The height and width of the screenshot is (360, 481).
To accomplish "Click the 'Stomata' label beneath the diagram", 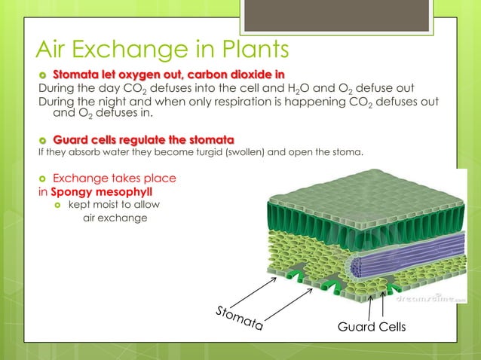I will pyautogui.click(x=239, y=319).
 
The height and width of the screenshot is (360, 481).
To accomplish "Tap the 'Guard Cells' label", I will pyautogui.click(x=371, y=328).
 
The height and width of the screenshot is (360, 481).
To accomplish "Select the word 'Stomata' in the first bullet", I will pyautogui.click(x=75, y=73).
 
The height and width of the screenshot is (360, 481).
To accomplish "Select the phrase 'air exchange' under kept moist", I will pyautogui.click(x=115, y=218).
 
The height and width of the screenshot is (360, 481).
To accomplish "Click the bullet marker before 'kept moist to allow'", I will pyautogui.click(x=57, y=205).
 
